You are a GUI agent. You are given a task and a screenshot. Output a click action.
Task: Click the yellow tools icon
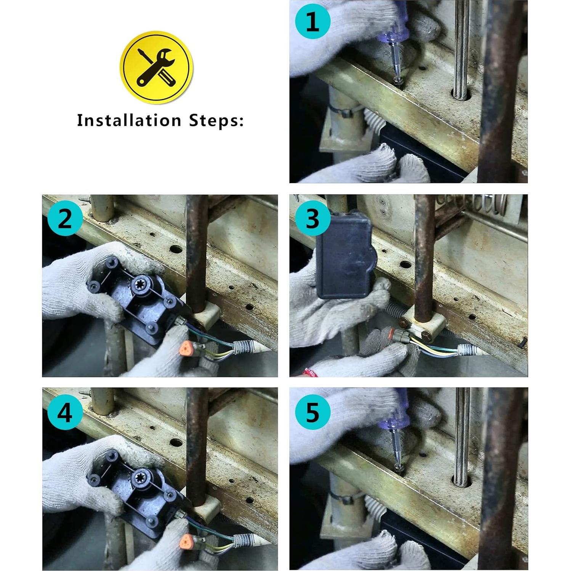click(x=157, y=67)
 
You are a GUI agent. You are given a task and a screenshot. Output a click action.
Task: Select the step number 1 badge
click(x=313, y=22)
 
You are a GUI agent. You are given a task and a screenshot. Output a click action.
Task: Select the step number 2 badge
click(x=65, y=220)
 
